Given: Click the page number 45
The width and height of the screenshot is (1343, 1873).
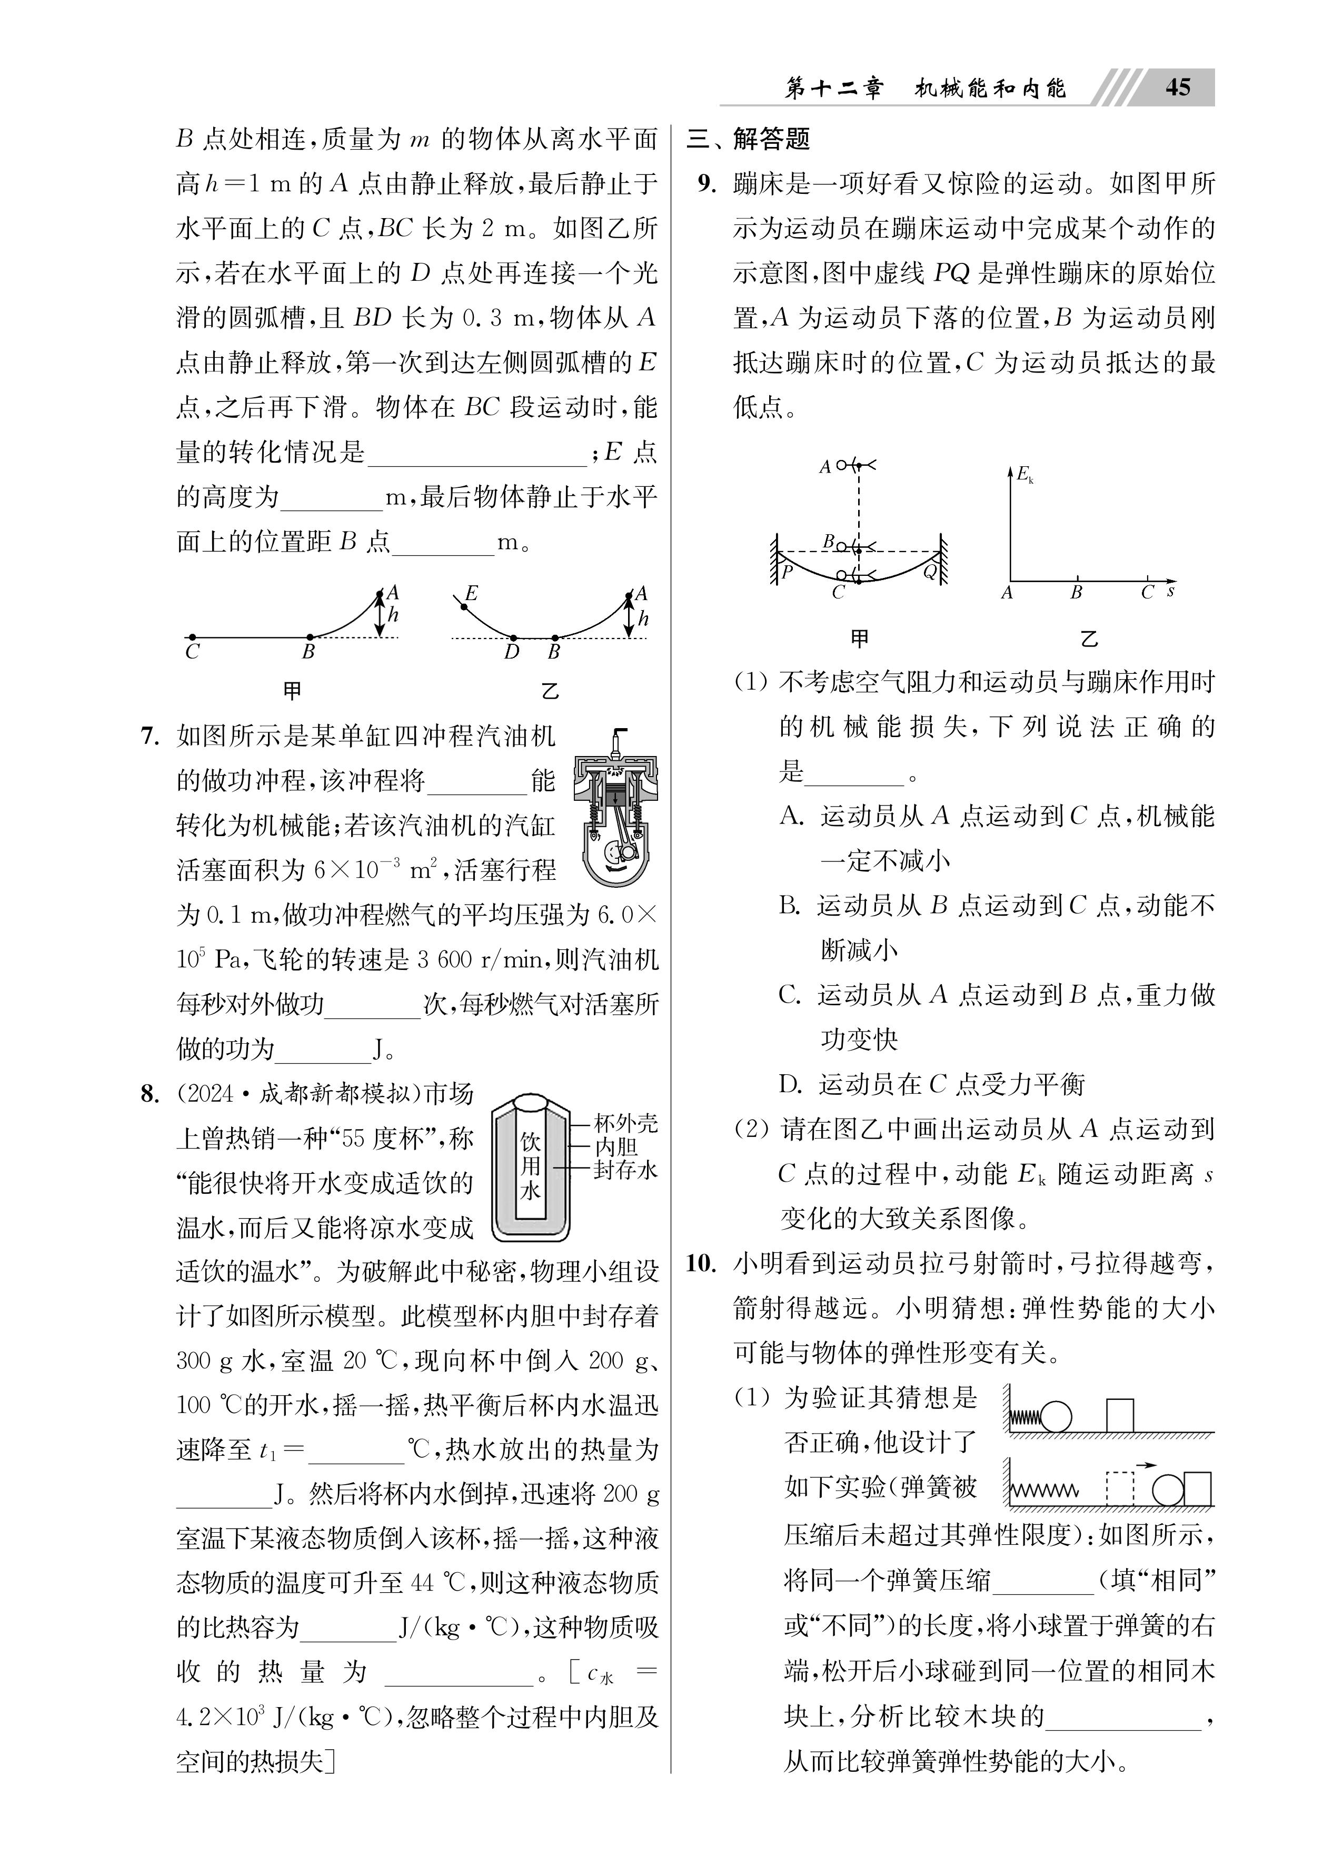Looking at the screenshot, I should tap(1178, 87).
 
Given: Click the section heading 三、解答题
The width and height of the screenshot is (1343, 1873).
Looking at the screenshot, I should tap(749, 139).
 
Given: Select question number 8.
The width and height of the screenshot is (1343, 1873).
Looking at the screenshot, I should tap(150, 1094).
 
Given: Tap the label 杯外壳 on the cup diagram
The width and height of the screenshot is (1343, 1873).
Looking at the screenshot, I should tap(625, 1123).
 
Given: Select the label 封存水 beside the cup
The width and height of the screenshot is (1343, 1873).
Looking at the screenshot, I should tap(625, 1170).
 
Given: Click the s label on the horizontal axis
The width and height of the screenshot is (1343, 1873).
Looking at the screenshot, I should tap(1170, 591).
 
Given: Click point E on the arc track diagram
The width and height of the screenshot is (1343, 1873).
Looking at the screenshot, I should tap(471, 593).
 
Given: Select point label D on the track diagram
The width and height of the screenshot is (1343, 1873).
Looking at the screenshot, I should tap(512, 652).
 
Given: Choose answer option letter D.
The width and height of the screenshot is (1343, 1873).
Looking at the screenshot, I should tap(790, 1084).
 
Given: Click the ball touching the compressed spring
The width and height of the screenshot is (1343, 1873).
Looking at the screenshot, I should tap(1056, 1417).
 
